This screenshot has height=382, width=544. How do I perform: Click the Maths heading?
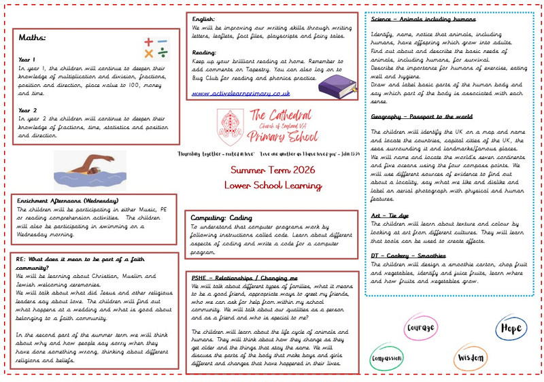(32, 38)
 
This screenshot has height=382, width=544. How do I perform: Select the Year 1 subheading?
(27, 60)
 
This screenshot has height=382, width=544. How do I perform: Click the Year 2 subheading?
(28, 109)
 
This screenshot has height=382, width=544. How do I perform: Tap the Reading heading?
(205, 52)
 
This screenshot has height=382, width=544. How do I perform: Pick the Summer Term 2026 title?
(272, 169)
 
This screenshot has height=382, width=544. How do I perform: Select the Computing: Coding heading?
(222, 218)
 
